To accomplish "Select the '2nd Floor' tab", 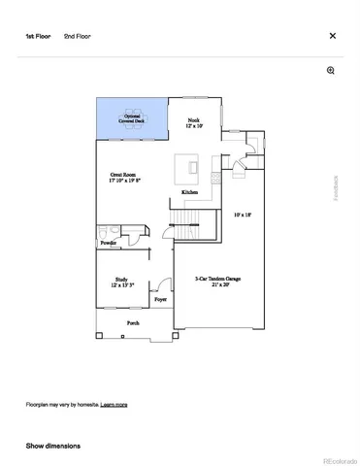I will [77, 36].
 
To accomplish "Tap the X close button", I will [333, 36].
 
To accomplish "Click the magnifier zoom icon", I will [331, 71].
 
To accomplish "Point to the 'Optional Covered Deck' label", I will [132, 118].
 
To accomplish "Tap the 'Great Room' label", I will [125, 177].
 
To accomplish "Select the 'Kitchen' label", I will [190, 193].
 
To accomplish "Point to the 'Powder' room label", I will [108, 243].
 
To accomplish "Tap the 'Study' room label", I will [121, 283].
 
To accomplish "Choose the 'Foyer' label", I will [160, 300].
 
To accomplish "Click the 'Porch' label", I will [133, 322].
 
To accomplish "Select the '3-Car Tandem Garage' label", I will [218, 282].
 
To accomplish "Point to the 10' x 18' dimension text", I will [243, 215].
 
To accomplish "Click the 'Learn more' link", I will [115, 404].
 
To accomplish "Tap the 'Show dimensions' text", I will [53, 446].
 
